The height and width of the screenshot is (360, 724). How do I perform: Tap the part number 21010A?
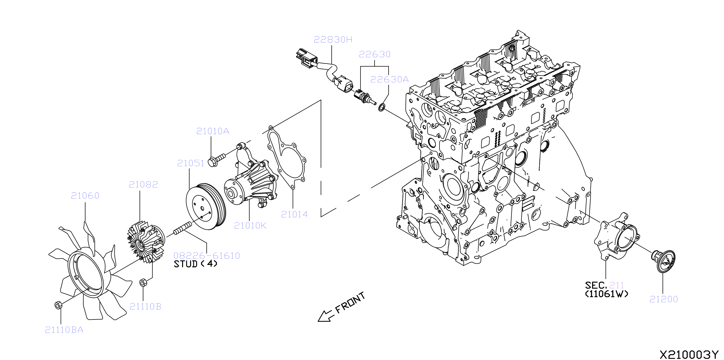point(212,131)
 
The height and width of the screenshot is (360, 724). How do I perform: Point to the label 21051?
point(191,163)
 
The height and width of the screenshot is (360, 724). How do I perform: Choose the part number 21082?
point(143,185)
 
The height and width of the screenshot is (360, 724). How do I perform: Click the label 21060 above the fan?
point(85,196)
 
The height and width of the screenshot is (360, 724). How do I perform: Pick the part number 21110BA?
point(64,330)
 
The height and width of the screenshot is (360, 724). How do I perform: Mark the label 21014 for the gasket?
point(294,215)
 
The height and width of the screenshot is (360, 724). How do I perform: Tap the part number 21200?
point(664,299)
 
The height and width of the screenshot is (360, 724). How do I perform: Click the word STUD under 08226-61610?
point(186,264)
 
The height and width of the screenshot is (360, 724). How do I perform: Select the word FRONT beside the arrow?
point(350,303)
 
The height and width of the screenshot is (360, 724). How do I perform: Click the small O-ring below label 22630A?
point(382,107)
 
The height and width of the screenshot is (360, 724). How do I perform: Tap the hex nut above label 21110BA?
point(58,305)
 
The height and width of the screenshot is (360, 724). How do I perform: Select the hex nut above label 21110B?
point(143,282)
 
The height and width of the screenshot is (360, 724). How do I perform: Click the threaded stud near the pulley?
point(183,228)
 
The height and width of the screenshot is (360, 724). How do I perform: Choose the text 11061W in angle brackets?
point(606,294)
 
